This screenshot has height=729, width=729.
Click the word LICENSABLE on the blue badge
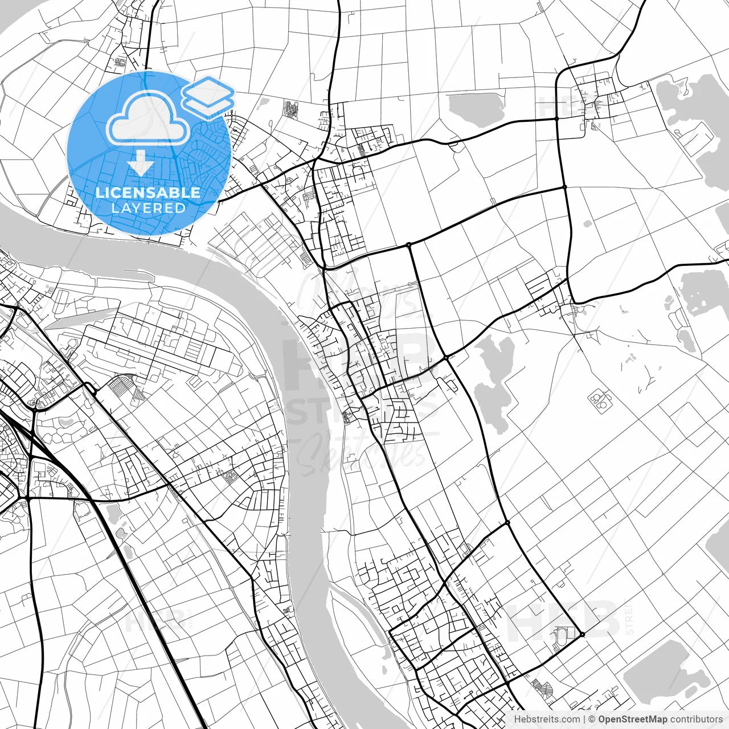click(x=148, y=193)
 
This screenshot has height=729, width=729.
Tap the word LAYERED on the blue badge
click(x=148, y=208)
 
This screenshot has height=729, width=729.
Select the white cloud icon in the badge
click(x=149, y=118)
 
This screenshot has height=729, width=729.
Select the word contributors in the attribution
click(x=696, y=719)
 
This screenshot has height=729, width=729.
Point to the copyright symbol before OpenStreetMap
click(x=592, y=719)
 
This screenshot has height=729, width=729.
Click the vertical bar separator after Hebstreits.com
click(x=584, y=719)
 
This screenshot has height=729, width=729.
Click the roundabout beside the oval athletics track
click(x=583, y=634)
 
